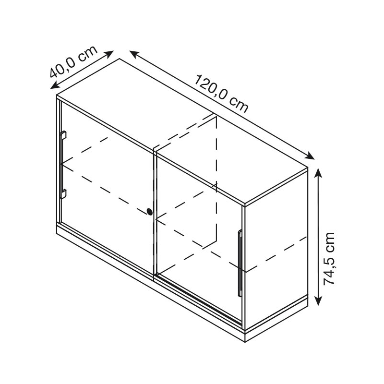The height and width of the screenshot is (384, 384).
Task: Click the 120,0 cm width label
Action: coord(222,94)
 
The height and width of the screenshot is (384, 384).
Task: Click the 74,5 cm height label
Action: coord(329,259)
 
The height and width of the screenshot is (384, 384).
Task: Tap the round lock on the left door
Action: coord(149,212)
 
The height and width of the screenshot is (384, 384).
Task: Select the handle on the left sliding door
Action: coord(63,165)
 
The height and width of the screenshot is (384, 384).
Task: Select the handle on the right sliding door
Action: coord(240,264)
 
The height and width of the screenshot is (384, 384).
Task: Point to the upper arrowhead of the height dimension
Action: coord(318,173)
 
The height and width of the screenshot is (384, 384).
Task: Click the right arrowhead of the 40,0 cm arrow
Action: coord(109,54)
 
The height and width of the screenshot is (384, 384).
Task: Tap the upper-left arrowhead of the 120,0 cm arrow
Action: coord(134,54)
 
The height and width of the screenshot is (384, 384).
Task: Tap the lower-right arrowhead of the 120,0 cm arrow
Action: coord(310,156)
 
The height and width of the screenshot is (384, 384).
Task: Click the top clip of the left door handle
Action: coord(63,135)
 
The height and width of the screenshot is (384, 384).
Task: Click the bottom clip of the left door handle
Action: coord(63,194)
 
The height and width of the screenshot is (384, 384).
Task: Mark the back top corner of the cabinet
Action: coord(120,59)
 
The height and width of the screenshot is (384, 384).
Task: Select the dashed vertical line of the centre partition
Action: coord(216,178)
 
